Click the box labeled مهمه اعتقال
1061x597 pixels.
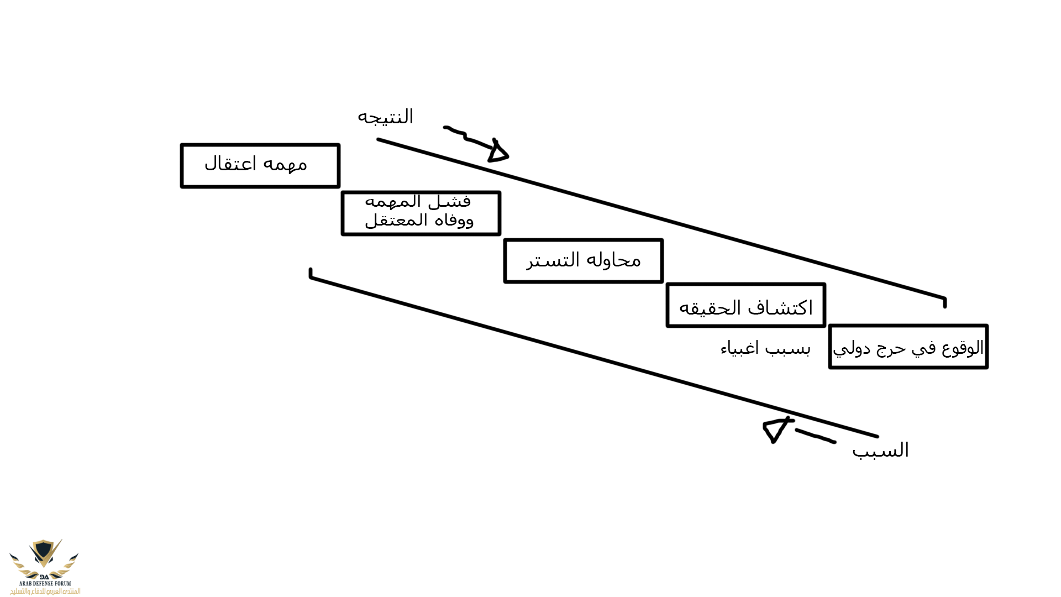[x=260, y=166]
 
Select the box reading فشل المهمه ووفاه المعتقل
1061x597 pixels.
[x=421, y=213]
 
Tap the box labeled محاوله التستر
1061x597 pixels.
[x=583, y=261]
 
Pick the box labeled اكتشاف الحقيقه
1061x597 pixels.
[x=745, y=306]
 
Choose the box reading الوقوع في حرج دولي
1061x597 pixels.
[x=908, y=347]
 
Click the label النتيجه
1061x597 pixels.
[x=385, y=117]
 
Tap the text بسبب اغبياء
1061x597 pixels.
[x=765, y=349]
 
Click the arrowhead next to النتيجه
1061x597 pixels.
[x=497, y=151]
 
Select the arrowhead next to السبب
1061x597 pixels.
[x=775, y=430]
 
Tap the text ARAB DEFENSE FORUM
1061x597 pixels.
[x=45, y=583]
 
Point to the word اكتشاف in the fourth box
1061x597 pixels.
[x=780, y=308]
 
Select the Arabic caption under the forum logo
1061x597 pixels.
[x=45, y=591]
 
